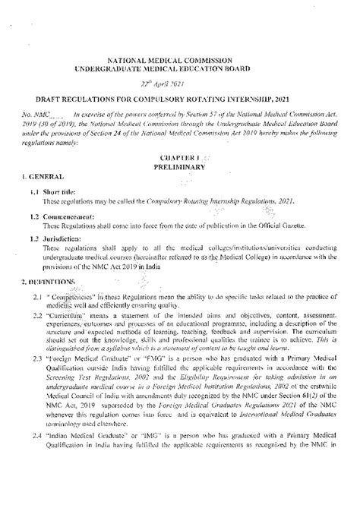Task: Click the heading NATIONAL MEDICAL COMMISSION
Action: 180,60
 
